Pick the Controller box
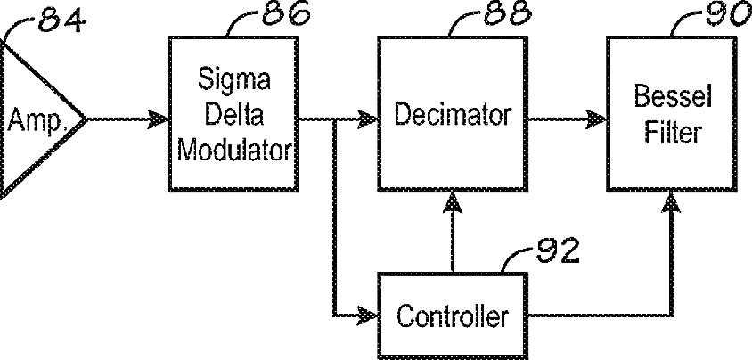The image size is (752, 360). click(x=453, y=315)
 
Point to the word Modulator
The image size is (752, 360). click(x=233, y=147)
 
